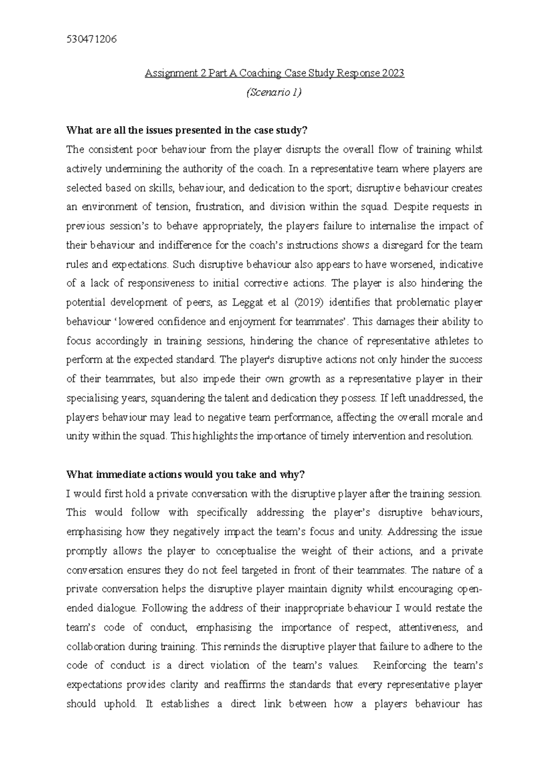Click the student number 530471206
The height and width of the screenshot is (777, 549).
[x=91, y=39]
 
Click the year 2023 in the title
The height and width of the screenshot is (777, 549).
[x=392, y=73]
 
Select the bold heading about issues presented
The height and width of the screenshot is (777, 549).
[x=187, y=130]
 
